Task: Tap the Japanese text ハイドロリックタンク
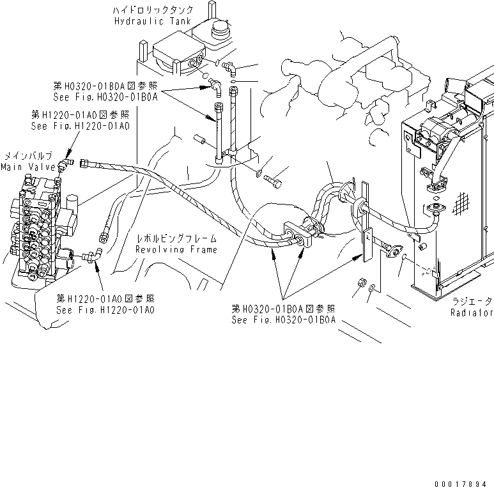point(142,10)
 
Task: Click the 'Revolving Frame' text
point(176,249)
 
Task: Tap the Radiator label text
point(472,313)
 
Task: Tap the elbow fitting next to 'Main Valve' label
point(64,166)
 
